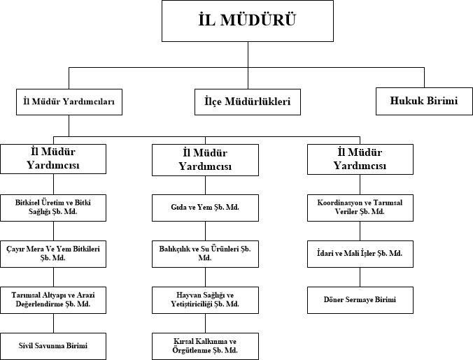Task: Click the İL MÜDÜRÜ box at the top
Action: click(248, 21)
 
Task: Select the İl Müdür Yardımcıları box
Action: click(69, 102)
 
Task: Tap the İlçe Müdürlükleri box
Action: click(248, 102)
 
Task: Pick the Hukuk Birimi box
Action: click(424, 101)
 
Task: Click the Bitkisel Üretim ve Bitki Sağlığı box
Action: click(53, 208)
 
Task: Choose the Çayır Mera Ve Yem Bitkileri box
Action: click(53, 254)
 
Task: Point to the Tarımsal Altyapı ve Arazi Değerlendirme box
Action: click(53, 300)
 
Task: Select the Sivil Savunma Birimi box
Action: click(53, 346)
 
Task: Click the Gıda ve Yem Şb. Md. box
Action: click(205, 208)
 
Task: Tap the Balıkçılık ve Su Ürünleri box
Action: click(205, 254)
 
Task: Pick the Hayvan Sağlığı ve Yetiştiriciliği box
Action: click(205, 300)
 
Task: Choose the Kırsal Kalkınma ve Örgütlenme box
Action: click(205, 346)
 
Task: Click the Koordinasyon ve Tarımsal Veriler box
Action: click(360, 208)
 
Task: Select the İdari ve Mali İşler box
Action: click(360, 254)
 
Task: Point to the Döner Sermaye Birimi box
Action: click(360, 300)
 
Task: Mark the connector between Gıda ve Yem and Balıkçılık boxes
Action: click(206, 231)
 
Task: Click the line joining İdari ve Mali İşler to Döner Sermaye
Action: click(360, 277)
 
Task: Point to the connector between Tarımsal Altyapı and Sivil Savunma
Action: click(54, 323)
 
